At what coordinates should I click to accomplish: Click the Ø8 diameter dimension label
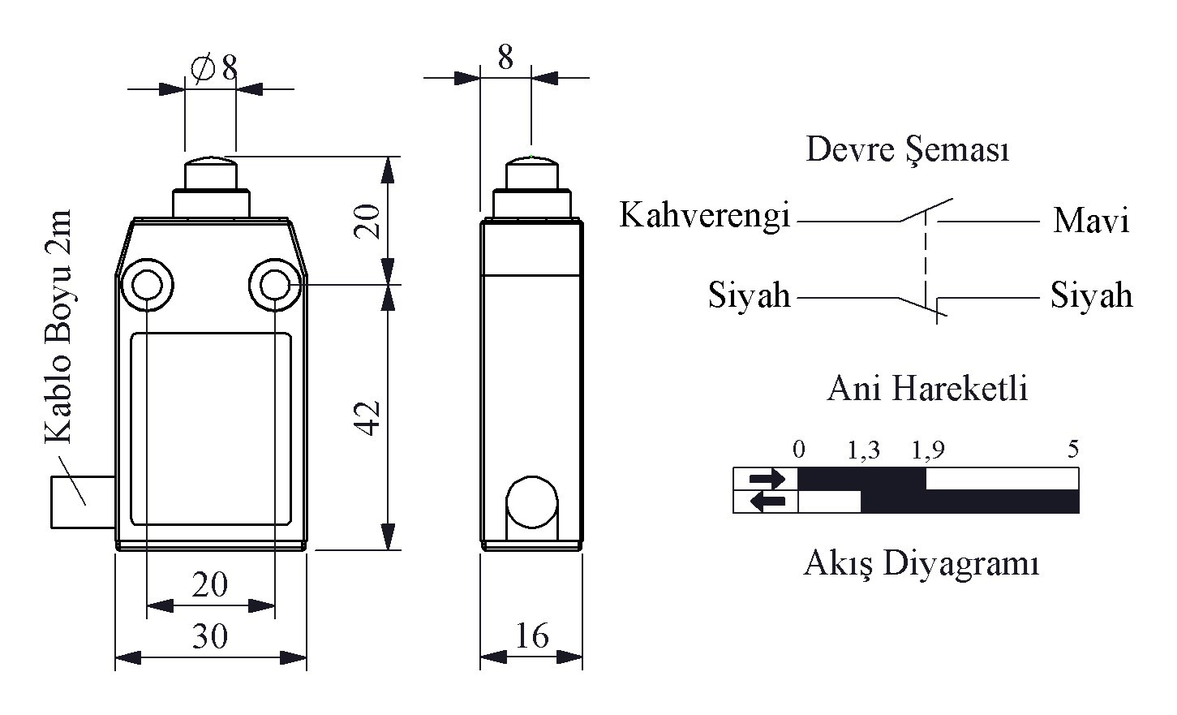click(214, 68)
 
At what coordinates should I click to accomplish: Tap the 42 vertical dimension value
click(370, 418)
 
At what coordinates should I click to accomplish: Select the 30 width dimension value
click(210, 637)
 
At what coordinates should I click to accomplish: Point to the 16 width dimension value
click(532, 635)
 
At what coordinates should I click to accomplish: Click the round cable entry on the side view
click(531, 502)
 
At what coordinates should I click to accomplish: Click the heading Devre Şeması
click(908, 151)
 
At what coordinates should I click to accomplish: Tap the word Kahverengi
click(705, 216)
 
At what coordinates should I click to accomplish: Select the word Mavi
click(1091, 221)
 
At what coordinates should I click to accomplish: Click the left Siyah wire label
click(749, 295)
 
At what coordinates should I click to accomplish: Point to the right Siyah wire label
click(1091, 295)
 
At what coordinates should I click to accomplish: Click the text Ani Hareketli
click(927, 389)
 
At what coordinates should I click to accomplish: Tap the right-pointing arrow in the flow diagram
click(767, 479)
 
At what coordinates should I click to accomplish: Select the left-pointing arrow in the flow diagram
click(767, 502)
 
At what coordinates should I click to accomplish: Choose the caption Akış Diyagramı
click(921, 563)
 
